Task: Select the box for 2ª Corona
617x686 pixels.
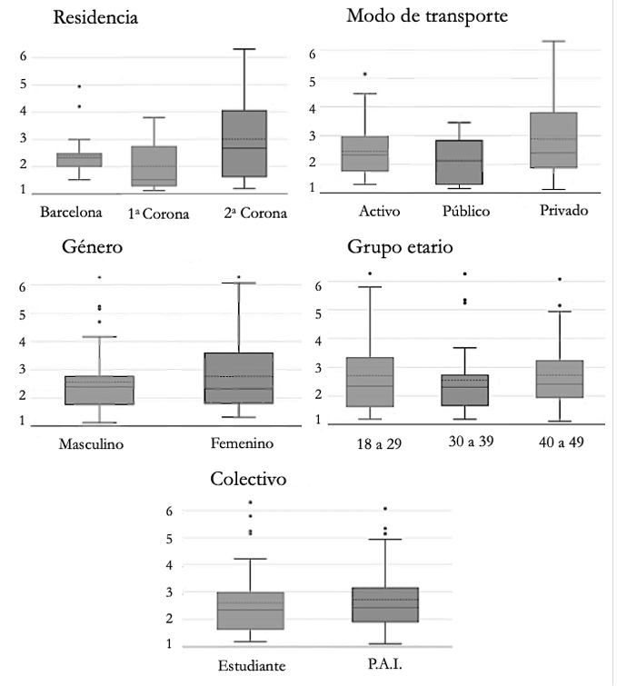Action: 244,144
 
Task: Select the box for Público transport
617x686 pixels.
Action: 460,163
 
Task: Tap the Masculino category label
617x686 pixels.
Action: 91,444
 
